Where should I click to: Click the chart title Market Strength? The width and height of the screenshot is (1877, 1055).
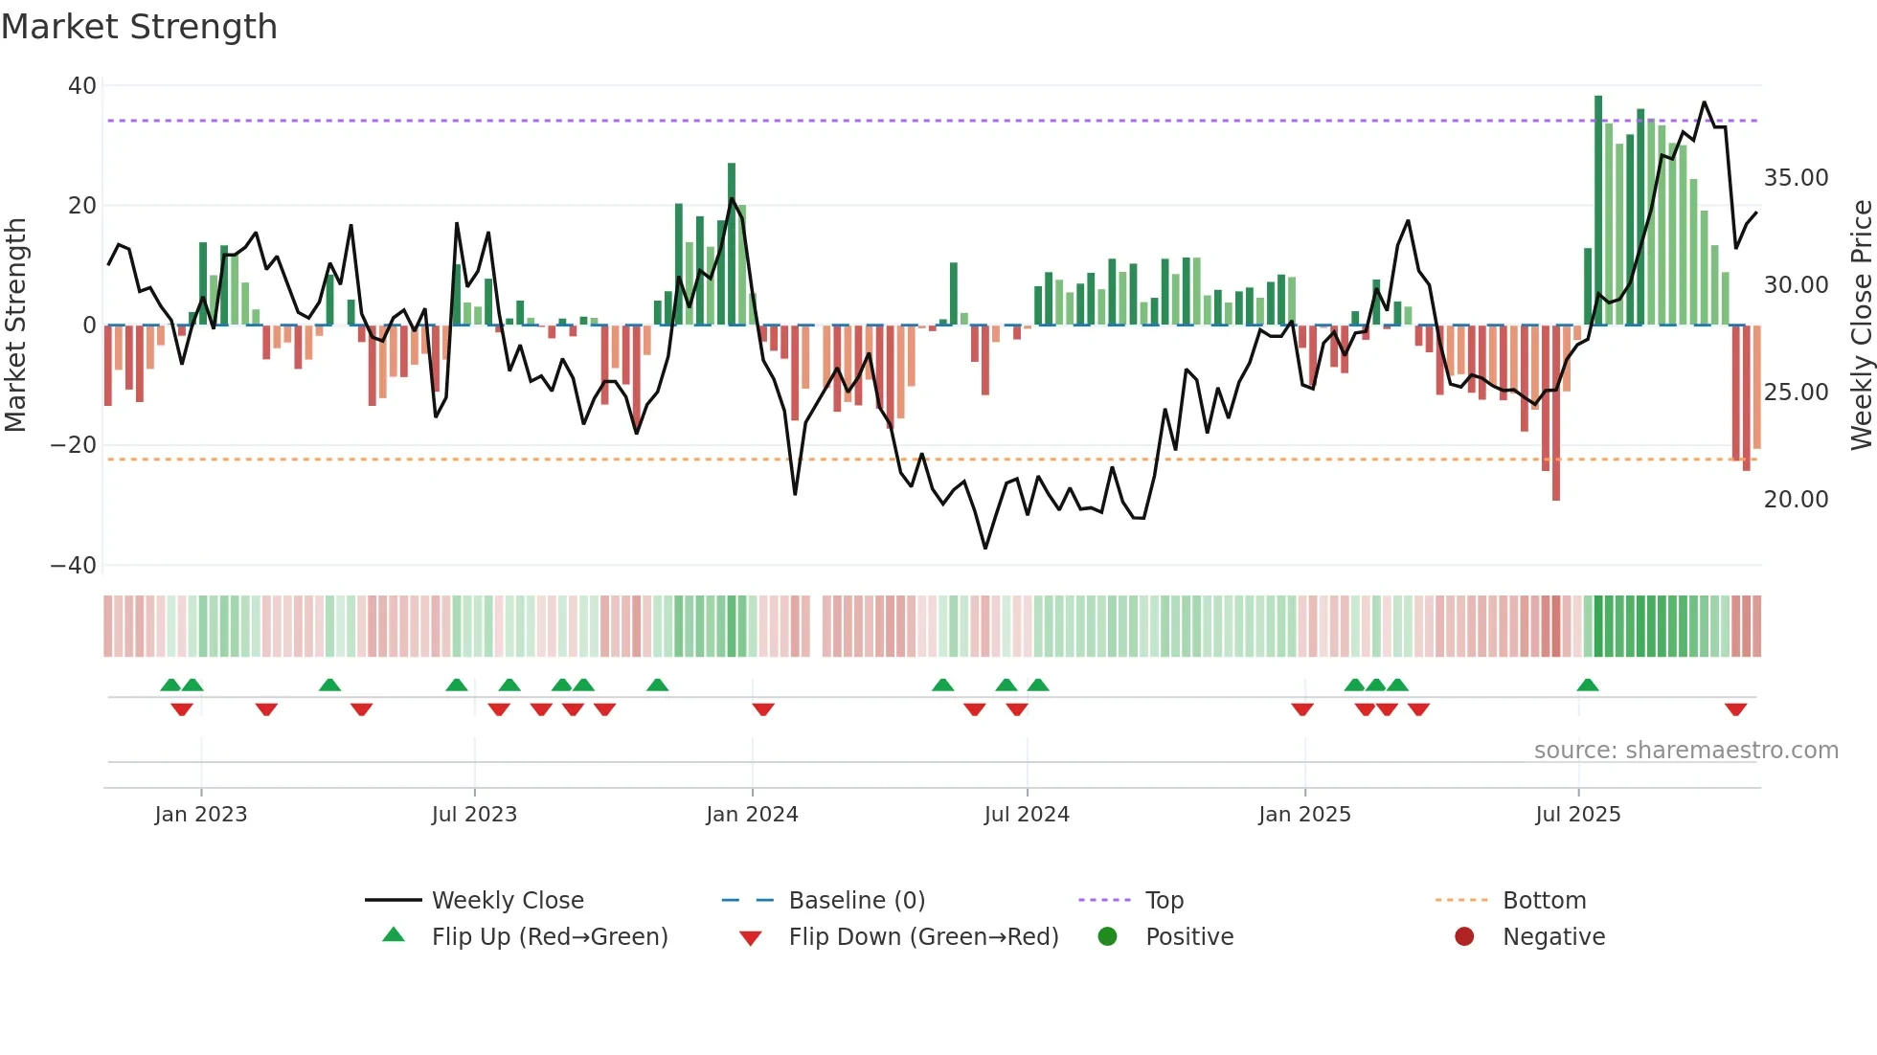click(x=139, y=27)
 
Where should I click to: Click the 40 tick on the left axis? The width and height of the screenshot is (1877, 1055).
click(x=82, y=86)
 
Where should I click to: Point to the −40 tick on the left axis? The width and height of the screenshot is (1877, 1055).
click(x=74, y=566)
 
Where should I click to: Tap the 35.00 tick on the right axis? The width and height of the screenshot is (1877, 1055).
click(x=1796, y=178)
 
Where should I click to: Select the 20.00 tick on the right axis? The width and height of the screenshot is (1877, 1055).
click(x=1796, y=500)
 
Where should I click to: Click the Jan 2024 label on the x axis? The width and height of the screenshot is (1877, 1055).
click(x=752, y=815)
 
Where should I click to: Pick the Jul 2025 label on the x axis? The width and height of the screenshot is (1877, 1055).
click(x=1577, y=815)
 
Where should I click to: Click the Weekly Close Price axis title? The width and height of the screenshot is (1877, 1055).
click(x=1861, y=325)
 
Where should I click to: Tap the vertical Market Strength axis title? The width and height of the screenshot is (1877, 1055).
click(x=16, y=325)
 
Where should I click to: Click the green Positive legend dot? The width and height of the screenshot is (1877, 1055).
click(x=1107, y=936)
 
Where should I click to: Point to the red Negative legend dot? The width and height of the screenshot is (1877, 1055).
click(x=1464, y=936)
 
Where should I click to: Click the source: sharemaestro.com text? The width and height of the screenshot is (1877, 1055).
click(x=1685, y=751)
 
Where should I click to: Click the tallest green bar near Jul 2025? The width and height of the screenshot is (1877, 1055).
click(x=1598, y=211)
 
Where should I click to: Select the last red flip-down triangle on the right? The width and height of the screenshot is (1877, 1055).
click(x=1735, y=709)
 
